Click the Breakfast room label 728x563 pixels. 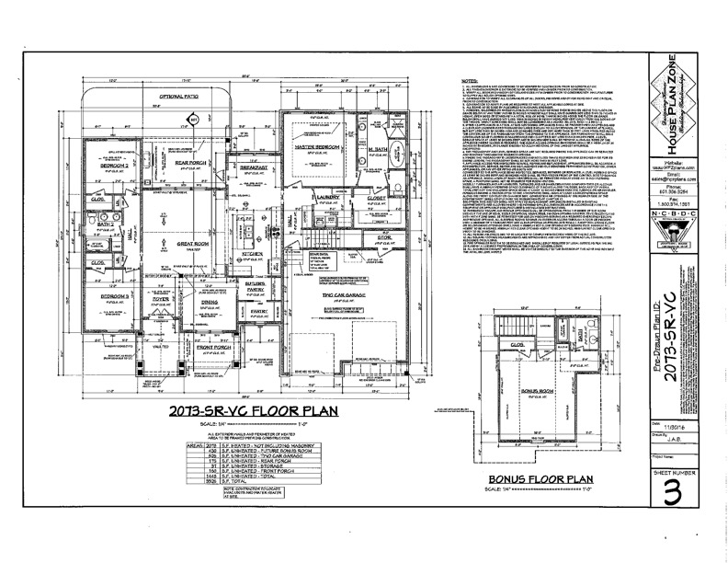[x=255, y=143]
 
